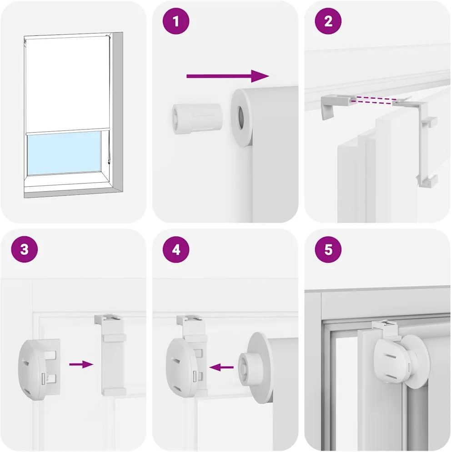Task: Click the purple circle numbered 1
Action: [x=176, y=21]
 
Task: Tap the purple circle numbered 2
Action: [x=328, y=21]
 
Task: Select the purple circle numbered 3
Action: [x=25, y=249]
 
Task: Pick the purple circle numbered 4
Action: [x=176, y=249]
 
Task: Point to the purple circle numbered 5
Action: [x=328, y=249]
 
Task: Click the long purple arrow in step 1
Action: [x=228, y=76]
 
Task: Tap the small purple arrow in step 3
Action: [x=81, y=364]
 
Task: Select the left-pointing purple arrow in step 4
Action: [x=221, y=367]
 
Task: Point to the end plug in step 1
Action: [x=197, y=119]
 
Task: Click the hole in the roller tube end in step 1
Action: [x=241, y=118]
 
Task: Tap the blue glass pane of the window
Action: [x=64, y=153]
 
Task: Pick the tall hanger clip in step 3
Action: [x=111, y=355]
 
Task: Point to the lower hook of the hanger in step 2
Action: [x=427, y=181]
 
